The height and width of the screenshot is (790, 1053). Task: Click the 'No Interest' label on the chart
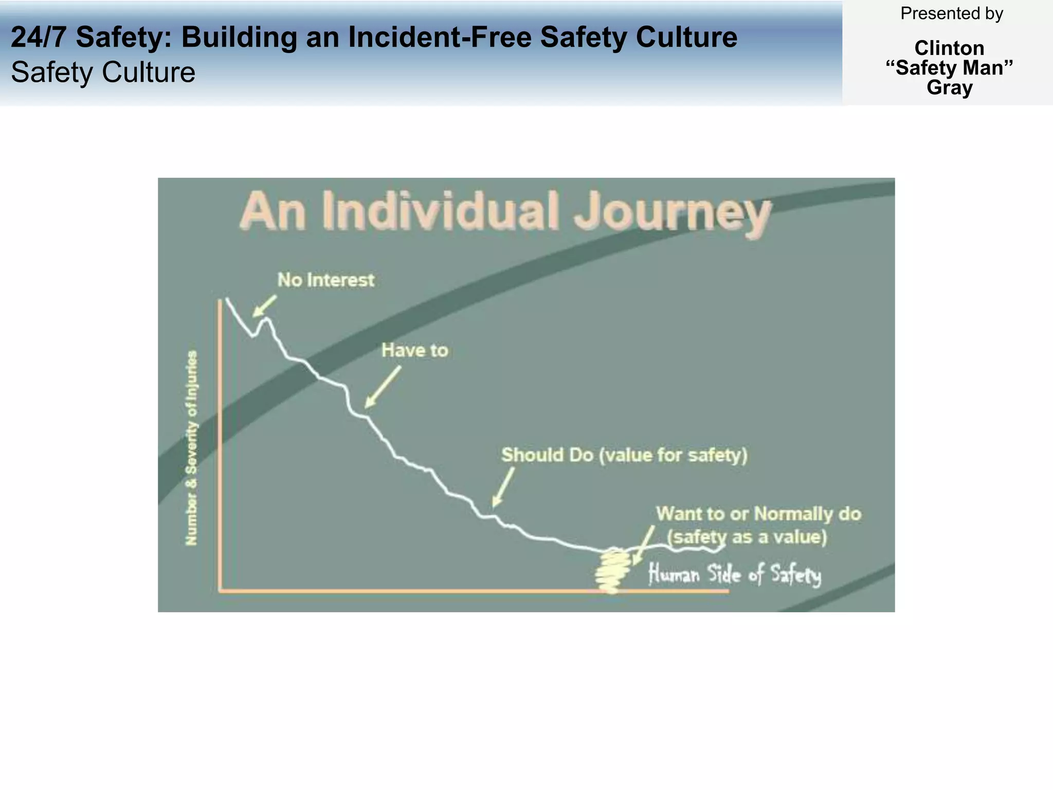tap(326, 280)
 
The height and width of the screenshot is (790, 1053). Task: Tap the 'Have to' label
tap(414, 351)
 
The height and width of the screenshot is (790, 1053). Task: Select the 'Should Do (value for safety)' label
tap(624, 455)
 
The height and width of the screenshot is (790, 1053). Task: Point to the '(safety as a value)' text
tap(747, 537)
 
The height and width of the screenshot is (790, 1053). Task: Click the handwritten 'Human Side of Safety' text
tap(735, 574)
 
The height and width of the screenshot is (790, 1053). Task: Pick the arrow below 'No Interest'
tap(264, 306)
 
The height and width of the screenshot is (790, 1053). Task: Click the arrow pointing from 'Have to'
tap(383, 387)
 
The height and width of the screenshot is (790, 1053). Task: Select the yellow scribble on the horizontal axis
tap(612, 570)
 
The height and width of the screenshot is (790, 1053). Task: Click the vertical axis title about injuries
tap(191, 447)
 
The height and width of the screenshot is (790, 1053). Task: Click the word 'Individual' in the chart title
tap(441, 211)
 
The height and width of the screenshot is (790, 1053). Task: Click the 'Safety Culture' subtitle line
tap(103, 72)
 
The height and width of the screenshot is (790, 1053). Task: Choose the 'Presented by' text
tap(951, 14)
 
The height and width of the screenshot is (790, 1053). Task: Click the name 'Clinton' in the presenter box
tap(949, 48)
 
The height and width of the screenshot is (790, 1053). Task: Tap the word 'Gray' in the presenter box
tap(949, 87)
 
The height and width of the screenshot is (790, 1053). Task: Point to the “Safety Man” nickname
tap(949, 68)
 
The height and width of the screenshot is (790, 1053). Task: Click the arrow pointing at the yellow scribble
tap(644, 545)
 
